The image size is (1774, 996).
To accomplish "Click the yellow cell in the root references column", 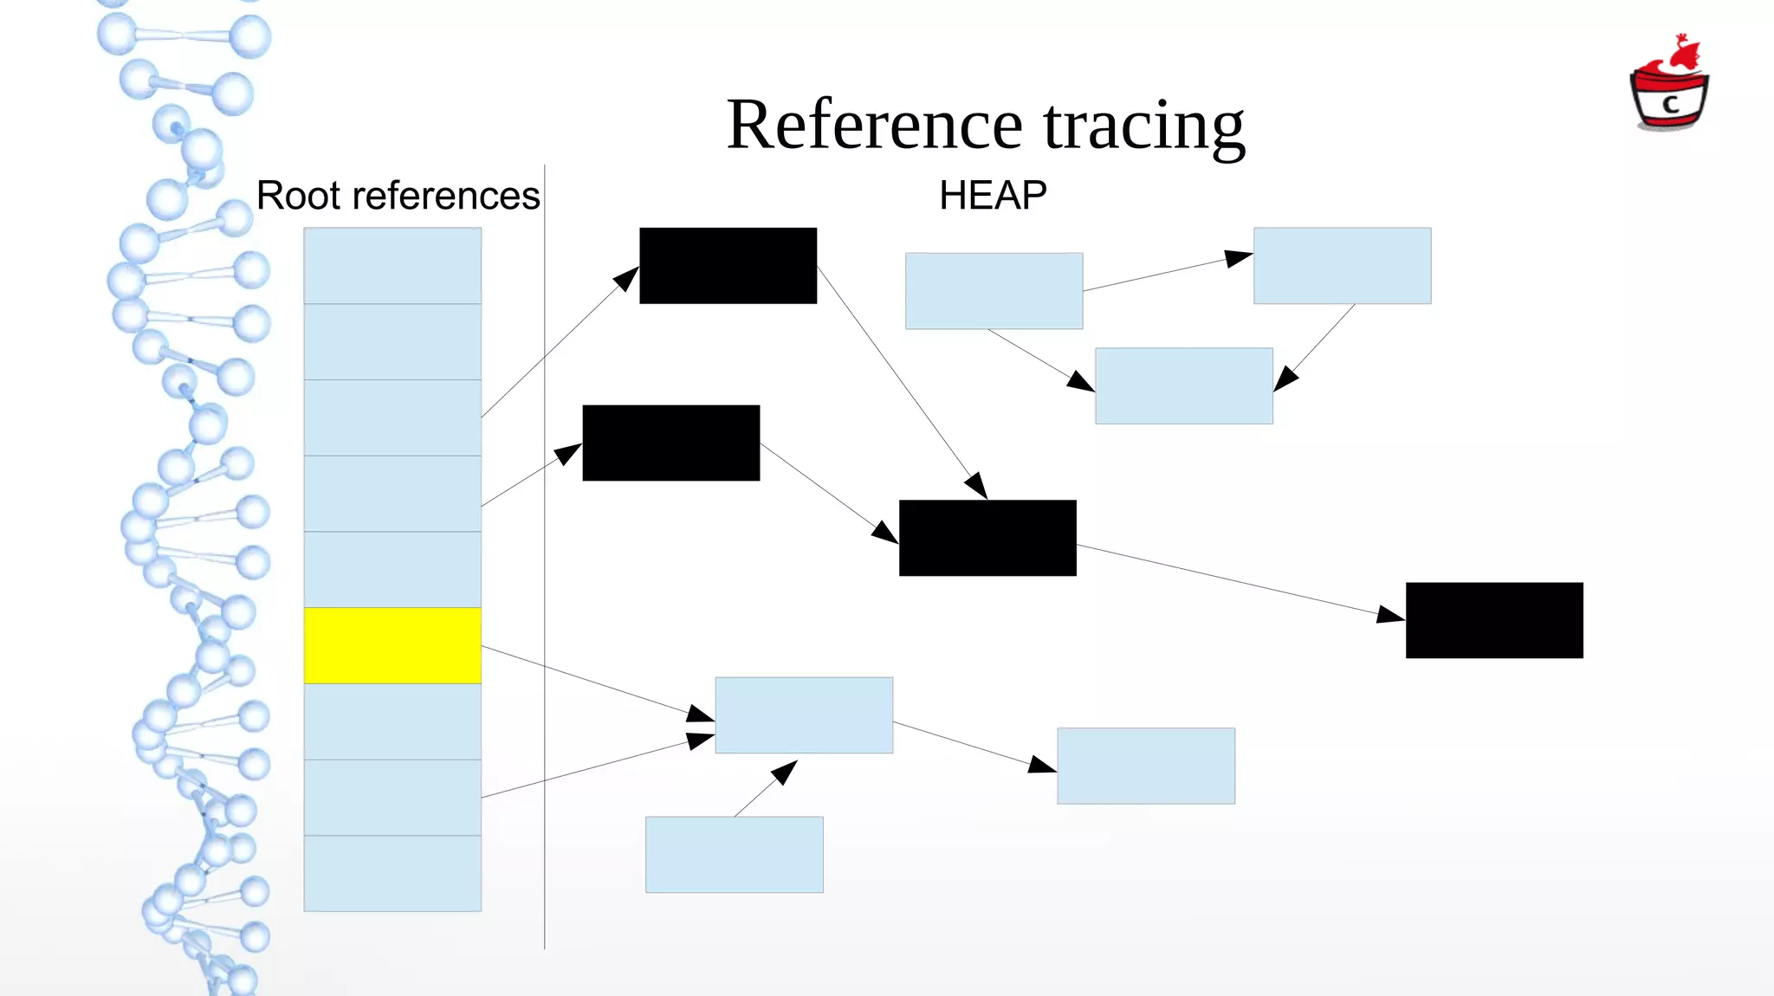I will (392, 645).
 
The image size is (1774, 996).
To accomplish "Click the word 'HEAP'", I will (993, 196).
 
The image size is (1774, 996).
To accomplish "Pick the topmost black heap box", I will (728, 266).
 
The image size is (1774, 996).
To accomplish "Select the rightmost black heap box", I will (1494, 620).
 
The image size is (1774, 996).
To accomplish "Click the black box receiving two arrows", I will (987, 538).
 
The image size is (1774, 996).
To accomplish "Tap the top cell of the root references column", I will (392, 266).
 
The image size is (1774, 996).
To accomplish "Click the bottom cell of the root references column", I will (392, 873).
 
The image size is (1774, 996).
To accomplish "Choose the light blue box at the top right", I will (1342, 266).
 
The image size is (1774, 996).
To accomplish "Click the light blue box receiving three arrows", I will (804, 715).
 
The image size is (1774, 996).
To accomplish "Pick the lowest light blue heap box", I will (734, 855).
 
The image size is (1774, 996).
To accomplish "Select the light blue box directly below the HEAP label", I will (994, 291).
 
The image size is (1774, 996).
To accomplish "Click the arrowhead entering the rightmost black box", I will (1391, 615).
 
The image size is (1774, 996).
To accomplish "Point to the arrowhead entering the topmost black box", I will (626, 279).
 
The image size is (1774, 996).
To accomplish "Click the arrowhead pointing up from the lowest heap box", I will (785, 771).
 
